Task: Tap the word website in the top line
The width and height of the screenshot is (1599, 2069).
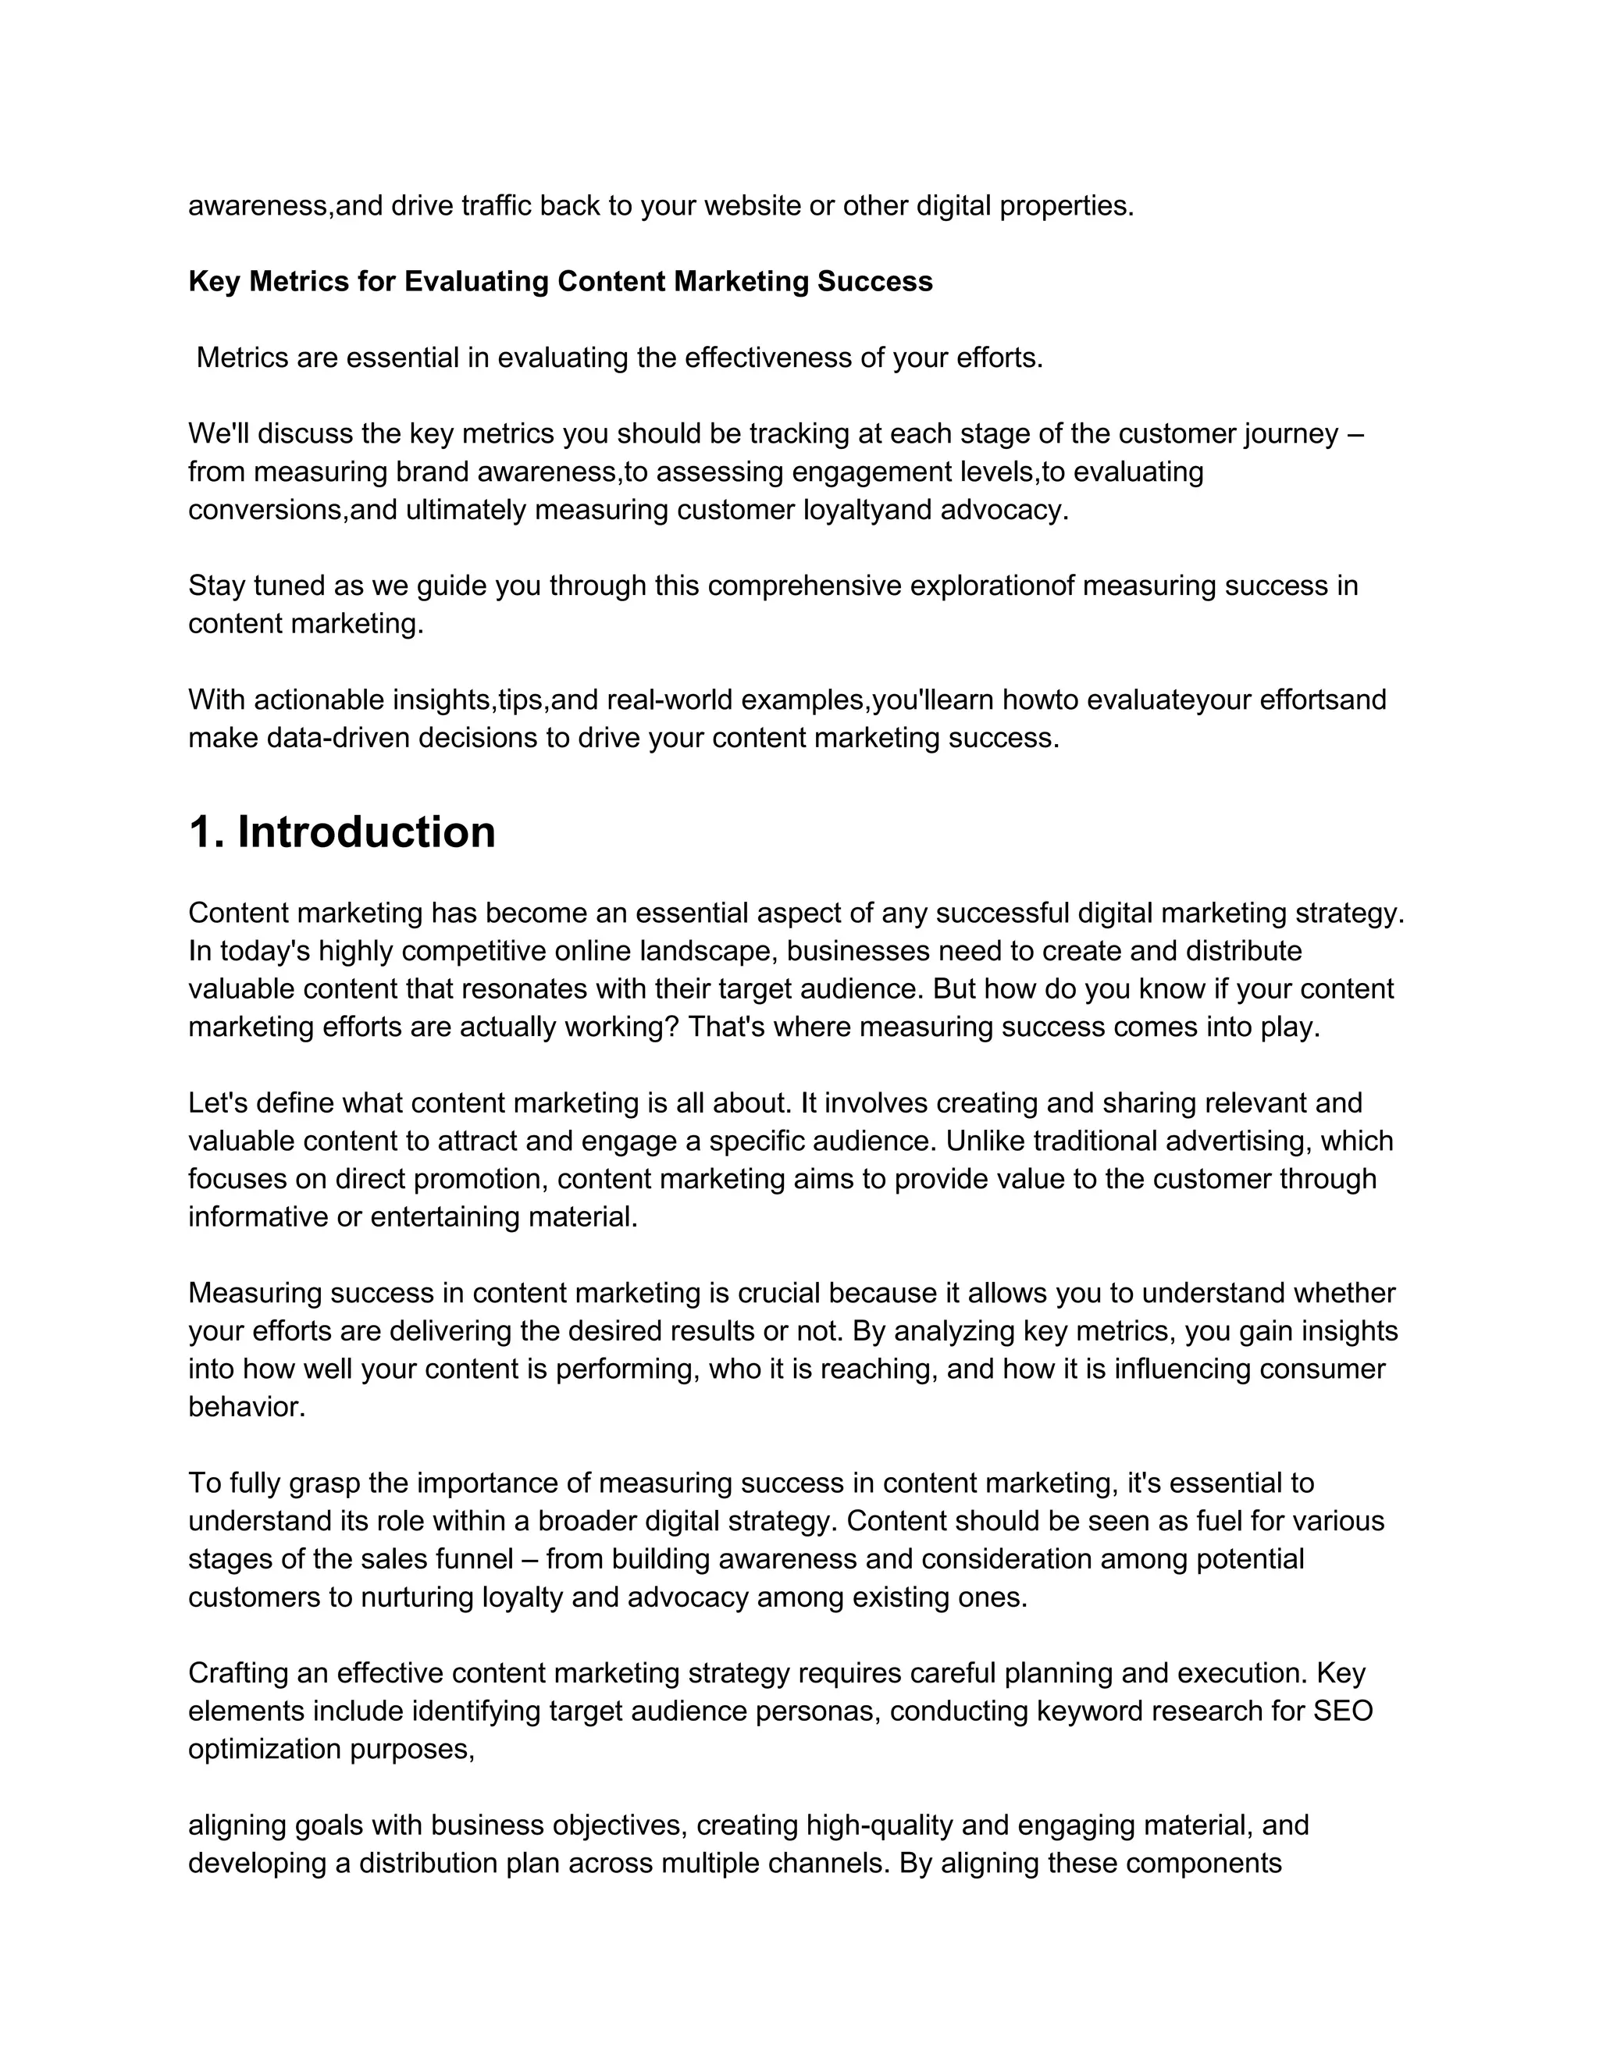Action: (720, 205)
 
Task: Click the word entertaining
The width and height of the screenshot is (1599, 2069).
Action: (444, 1216)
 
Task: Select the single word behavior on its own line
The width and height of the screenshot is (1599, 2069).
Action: (246, 1407)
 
